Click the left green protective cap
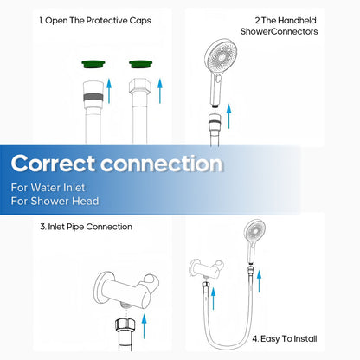tap(93, 64)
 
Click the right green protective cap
tap(141, 64)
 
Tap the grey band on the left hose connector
tap(93, 97)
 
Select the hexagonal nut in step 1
tap(140, 86)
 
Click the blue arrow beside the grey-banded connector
tap(109, 91)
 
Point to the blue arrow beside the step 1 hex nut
tap(160, 91)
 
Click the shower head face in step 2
tap(221, 56)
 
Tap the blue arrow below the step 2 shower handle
tap(228, 116)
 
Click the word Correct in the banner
tap(53, 164)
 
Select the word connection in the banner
tap(162, 164)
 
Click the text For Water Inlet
tap(48, 188)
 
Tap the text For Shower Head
tap(55, 201)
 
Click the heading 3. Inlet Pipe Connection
tap(86, 227)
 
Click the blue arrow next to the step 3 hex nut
tap(145, 326)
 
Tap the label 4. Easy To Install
tap(285, 338)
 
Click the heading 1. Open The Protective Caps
tap(95, 21)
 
